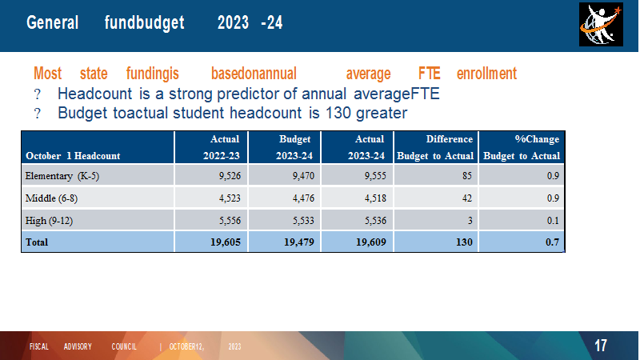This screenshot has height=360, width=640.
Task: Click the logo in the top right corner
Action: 601,25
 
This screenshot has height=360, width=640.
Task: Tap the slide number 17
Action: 601,346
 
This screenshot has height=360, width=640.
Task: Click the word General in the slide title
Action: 52,22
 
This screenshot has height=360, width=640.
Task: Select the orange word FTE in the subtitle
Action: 429,74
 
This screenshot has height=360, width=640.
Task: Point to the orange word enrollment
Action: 486,74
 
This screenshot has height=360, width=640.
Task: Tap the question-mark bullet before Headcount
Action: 37,94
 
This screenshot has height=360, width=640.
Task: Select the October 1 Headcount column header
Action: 73,156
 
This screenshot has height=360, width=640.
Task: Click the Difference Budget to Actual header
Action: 435,147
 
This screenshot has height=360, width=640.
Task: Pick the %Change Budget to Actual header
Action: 522,147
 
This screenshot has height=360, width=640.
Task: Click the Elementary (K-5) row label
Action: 62,176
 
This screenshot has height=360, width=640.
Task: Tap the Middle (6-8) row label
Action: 51,198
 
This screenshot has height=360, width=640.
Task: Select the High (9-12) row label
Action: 49,221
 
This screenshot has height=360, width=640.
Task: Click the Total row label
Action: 37,242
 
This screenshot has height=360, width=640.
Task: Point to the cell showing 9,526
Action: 230,176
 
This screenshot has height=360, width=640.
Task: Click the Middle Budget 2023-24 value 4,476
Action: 303,198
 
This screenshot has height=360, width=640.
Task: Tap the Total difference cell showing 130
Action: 464,242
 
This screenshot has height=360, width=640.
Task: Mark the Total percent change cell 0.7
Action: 552,242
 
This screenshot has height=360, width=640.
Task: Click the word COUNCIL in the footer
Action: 124,346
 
